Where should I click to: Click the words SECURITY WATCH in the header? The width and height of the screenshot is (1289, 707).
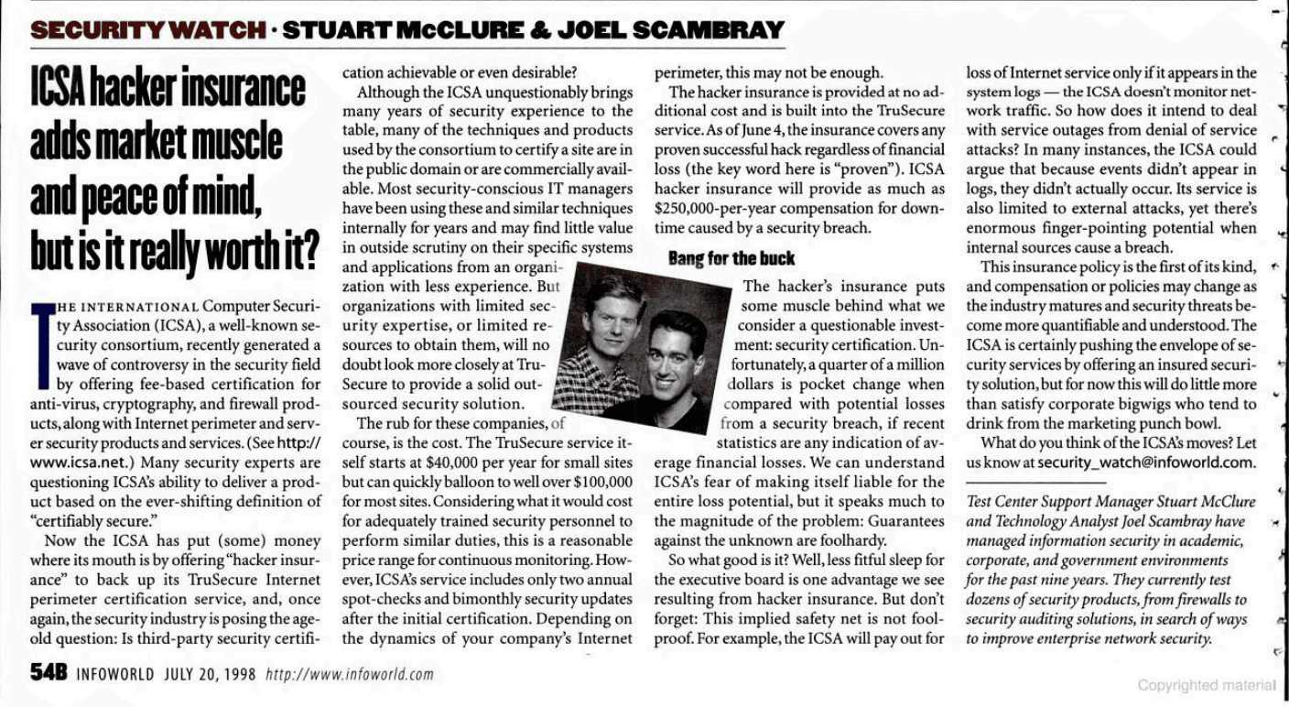coord(146,30)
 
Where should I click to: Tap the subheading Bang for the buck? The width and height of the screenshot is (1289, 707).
coord(731,259)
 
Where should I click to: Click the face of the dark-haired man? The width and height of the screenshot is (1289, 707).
coord(676,350)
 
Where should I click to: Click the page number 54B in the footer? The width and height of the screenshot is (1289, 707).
coord(49,674)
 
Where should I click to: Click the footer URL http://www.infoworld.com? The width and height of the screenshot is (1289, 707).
coord(349,676)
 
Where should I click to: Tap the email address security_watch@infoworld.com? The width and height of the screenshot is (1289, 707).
coord(1148,462)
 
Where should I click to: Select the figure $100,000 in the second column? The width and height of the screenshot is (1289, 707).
coord(602,482)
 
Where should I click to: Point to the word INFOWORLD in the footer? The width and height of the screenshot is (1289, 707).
coord(115,676)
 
